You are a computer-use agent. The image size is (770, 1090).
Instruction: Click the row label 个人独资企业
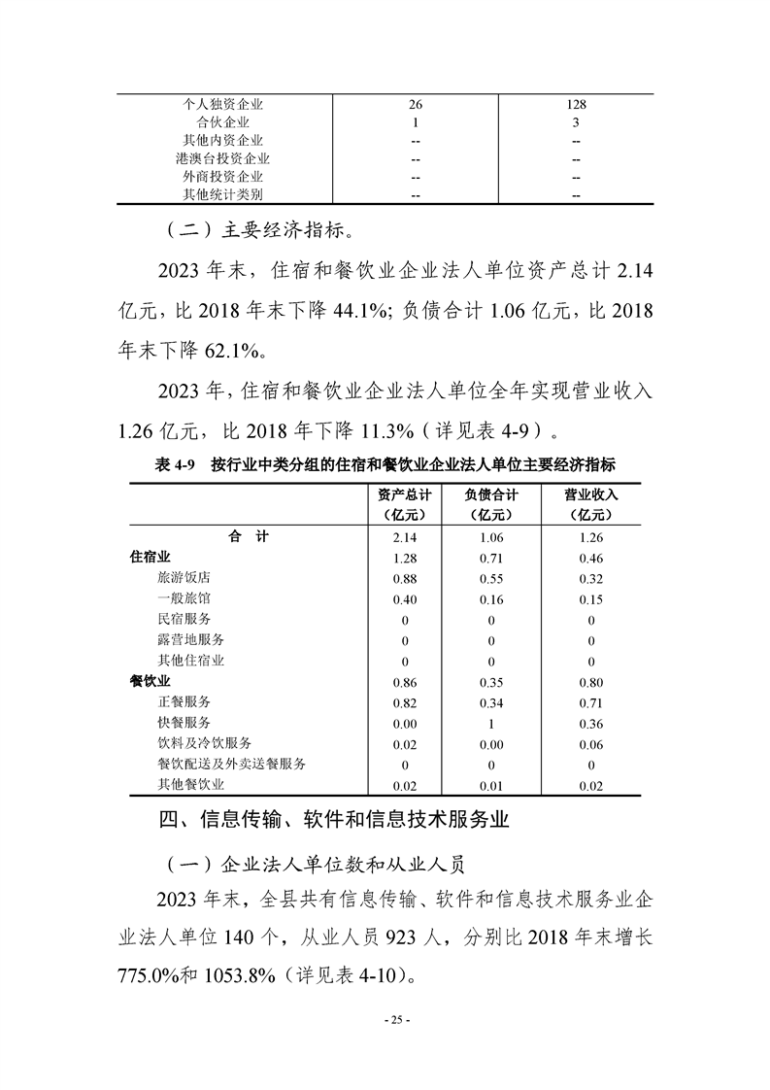point(223,104)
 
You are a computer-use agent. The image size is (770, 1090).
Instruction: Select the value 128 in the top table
point(576,104)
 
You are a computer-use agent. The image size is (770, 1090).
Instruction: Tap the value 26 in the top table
point(415,104)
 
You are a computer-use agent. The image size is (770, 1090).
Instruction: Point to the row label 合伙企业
point(223,122)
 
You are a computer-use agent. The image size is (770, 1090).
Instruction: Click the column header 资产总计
point(404,494)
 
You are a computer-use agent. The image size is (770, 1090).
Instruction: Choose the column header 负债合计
point(490,494)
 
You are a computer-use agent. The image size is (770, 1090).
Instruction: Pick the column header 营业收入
point(590,494)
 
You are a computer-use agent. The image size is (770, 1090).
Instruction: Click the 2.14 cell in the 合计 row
point(404,537)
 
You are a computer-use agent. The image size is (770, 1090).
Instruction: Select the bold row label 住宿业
point(151,558)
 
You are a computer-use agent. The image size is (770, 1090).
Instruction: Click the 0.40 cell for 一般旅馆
point(404,599)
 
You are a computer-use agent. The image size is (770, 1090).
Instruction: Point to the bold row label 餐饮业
point(151,682)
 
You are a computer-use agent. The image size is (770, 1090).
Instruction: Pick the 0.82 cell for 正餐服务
point(404,702)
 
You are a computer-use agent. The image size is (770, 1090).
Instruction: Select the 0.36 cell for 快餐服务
point(590,724)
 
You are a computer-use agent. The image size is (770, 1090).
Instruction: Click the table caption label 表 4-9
point(176,465)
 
